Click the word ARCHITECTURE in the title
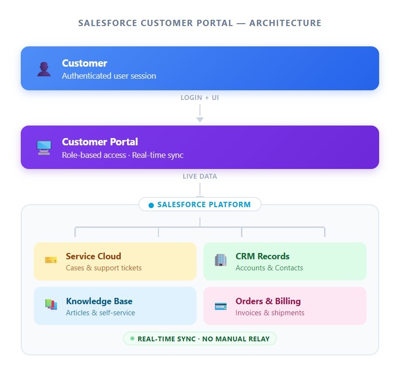pos(285,23)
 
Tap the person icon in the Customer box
pos(44,69)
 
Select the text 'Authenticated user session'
pos(109,76)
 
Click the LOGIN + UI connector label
pos(200,98)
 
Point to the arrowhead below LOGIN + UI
pos(200,119)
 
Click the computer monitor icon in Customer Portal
pos(44,147)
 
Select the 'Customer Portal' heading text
pos(100,142)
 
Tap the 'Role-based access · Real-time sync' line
pos(123,155)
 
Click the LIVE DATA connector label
pos(200,176)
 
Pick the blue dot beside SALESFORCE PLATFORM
pos(151,205)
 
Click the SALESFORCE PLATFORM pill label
pos(204,205)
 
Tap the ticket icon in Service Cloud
pos(51,260)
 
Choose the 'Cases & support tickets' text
pos(104,268)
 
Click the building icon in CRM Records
pos(220,260)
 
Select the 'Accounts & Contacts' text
pos(269,268)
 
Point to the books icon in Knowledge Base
pos(51,305)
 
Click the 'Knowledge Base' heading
pos(99,301)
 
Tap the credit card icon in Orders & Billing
pos(220,306)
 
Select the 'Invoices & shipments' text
pos(270,313)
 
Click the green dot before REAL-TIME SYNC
pos(132,338)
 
